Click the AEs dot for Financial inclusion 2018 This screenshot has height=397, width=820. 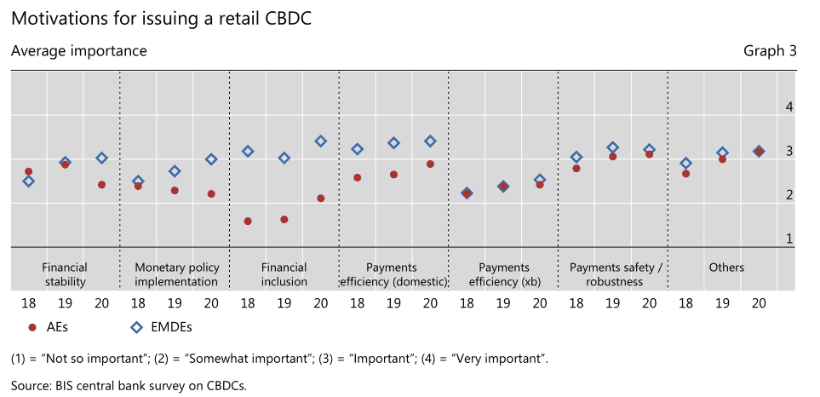tap(248, 222)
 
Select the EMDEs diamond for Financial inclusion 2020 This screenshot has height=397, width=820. tap(320, 141)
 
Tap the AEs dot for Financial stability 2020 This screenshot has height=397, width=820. tap(101, 185)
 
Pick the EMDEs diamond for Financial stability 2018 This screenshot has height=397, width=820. tap(29, 181)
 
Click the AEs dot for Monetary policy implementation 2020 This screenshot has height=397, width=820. tap(211, 193)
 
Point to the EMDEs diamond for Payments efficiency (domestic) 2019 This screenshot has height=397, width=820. tap(393, 143)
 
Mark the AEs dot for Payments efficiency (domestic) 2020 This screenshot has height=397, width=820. tap(430, 164)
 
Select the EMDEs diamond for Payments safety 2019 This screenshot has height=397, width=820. tap(613, 147)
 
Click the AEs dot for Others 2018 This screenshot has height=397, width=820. tap(686, 174)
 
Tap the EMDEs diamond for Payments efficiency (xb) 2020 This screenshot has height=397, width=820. tap(540, 180)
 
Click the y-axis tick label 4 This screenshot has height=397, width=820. tap(789, 107)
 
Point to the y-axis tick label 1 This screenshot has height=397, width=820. tap(789, 239)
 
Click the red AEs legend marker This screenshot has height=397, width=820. tap(32, 327)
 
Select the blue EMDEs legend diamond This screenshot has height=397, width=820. tap(136, 327)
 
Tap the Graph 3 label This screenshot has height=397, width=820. tap(771, 51)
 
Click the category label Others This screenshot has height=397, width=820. tap(726, 268)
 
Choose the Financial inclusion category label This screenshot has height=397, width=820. tap(284, 274)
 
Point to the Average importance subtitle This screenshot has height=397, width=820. tap(79, 51)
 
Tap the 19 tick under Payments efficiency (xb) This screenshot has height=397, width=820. tap(503, 303)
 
